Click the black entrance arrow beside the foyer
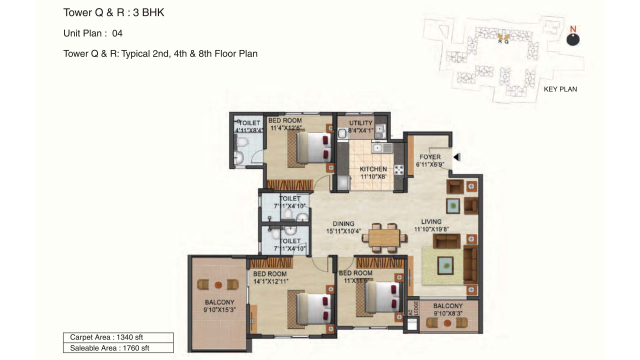[457, 157]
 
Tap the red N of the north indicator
[573, 29]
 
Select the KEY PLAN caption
[560, 89]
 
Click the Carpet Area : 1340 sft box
[118, 337]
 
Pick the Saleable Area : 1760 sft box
[118, 347]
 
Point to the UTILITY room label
[361, 123]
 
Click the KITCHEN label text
[373, 169]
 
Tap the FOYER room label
[430, 157]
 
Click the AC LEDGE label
[413, 308]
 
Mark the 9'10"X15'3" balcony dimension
[219, 309]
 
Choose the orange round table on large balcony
[218, 285]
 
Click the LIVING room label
[431, 221]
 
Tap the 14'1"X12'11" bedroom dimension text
[271, 281]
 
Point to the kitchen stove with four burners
[398, 169]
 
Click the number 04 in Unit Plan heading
[117, 33]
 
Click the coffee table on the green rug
[445, 265]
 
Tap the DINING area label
[343, 223]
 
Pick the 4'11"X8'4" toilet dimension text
[249, 130]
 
